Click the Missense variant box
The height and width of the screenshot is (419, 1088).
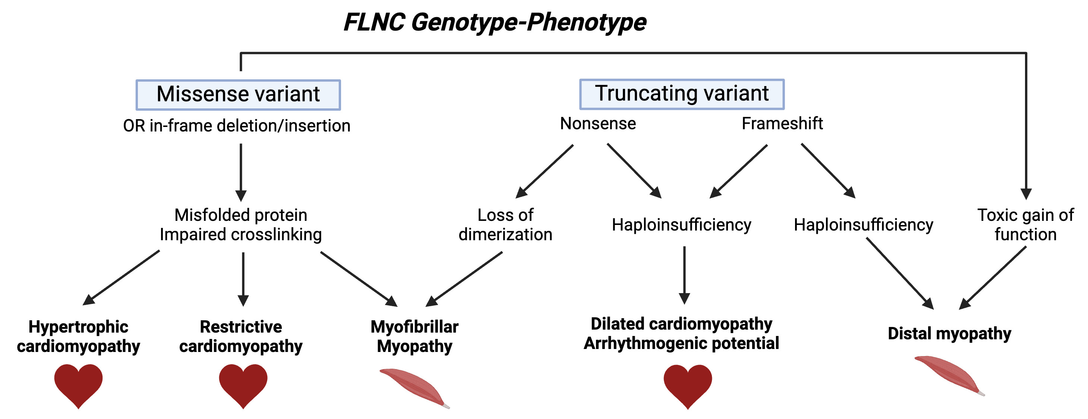238,95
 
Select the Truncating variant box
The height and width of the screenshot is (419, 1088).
682,94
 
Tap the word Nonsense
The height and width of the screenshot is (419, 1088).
597,124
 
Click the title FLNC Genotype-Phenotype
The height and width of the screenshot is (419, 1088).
495,22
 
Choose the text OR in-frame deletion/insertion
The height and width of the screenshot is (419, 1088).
237,126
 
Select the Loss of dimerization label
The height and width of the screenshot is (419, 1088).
505,225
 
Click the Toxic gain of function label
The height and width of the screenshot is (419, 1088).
1025,225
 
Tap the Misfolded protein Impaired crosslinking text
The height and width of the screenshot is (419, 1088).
241,225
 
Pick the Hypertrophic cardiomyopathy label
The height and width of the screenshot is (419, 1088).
79,336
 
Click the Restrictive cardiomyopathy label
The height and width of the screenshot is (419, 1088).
241,336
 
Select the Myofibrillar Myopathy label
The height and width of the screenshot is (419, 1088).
414,336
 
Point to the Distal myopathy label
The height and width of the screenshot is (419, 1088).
949,333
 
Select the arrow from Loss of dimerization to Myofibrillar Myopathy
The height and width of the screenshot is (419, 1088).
464,279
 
